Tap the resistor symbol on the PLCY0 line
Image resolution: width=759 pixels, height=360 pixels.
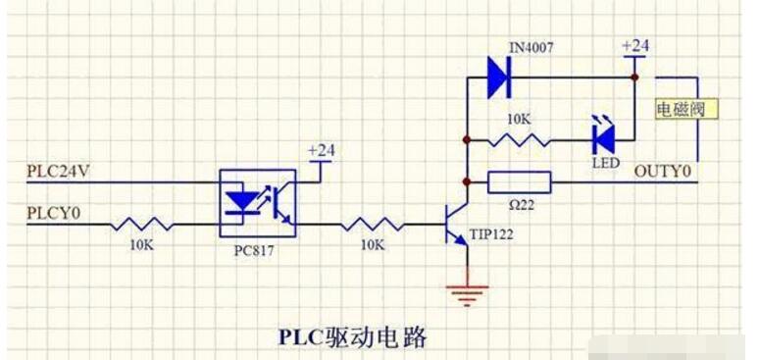coord(142,225)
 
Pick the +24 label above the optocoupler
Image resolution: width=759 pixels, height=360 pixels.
coord(322,150)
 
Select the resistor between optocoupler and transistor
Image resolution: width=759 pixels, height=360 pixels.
coord(371,225)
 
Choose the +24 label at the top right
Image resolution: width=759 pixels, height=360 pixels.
coord(635,46)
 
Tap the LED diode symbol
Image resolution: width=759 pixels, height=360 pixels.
coord(602,136)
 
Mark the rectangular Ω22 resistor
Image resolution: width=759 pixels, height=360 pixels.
coord(519,181)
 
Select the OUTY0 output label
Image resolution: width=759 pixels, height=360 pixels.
coord(663,172)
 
